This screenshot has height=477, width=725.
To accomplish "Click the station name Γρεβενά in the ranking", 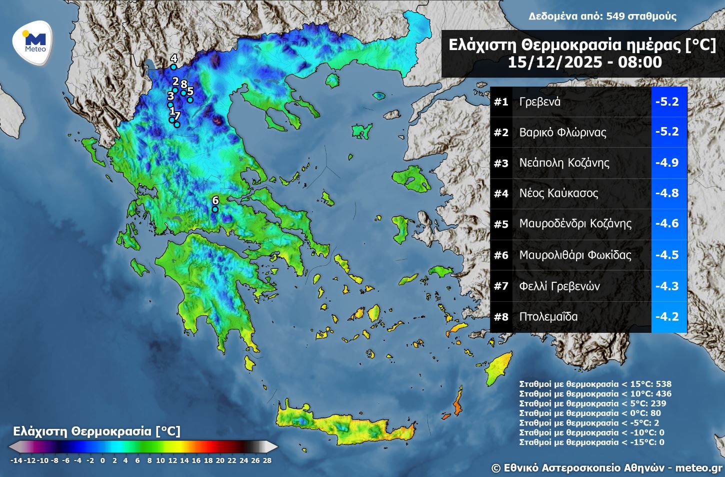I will coord(540,102).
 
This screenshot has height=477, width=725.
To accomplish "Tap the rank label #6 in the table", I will coord(501,255).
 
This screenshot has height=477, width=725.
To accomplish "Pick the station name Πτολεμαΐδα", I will coord(548,317).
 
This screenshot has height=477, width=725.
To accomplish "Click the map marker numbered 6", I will coord(215,209).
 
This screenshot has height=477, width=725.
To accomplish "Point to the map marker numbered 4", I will coord(173,67).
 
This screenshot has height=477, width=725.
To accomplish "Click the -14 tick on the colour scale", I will coord(16,460).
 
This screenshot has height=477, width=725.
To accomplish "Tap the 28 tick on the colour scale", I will coord(267,460).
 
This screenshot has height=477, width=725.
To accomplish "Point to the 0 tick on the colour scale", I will coord(102,460).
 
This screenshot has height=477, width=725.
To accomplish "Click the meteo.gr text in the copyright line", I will coord(698,468).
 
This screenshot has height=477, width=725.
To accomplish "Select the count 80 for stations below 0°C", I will coord(655,413).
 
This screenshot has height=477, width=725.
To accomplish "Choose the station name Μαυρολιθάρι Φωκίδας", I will coord(575,255).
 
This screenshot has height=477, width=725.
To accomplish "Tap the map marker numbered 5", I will coord(190,100).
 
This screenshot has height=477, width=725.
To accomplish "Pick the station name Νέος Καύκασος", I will coord(558,193).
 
